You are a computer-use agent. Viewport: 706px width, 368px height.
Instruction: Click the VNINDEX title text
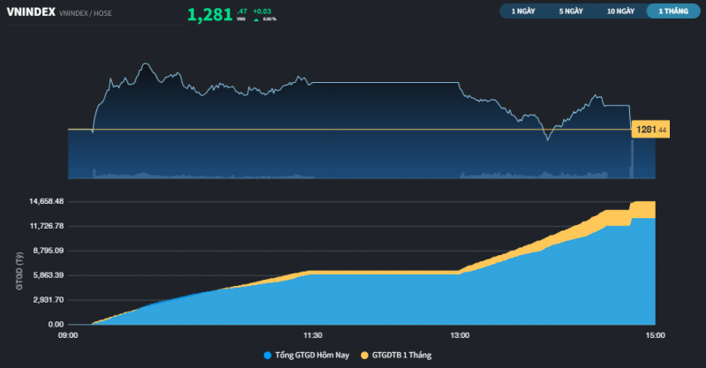tap(32, 12)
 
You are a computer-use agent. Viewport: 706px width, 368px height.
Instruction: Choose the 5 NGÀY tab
tap(571, 11)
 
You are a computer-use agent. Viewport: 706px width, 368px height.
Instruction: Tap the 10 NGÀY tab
tap(620, 11)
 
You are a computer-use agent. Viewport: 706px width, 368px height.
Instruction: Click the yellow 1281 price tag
tap(650, 130)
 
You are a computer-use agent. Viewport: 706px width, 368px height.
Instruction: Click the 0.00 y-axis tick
tap(56, 325)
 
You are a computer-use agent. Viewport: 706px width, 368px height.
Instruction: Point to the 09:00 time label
tap(68, 335)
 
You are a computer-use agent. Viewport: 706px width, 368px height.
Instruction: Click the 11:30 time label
tap(312, 335)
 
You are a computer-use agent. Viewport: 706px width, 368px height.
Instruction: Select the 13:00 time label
tap(459, 335)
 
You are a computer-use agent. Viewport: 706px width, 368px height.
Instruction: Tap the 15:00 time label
tap(655, 335)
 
